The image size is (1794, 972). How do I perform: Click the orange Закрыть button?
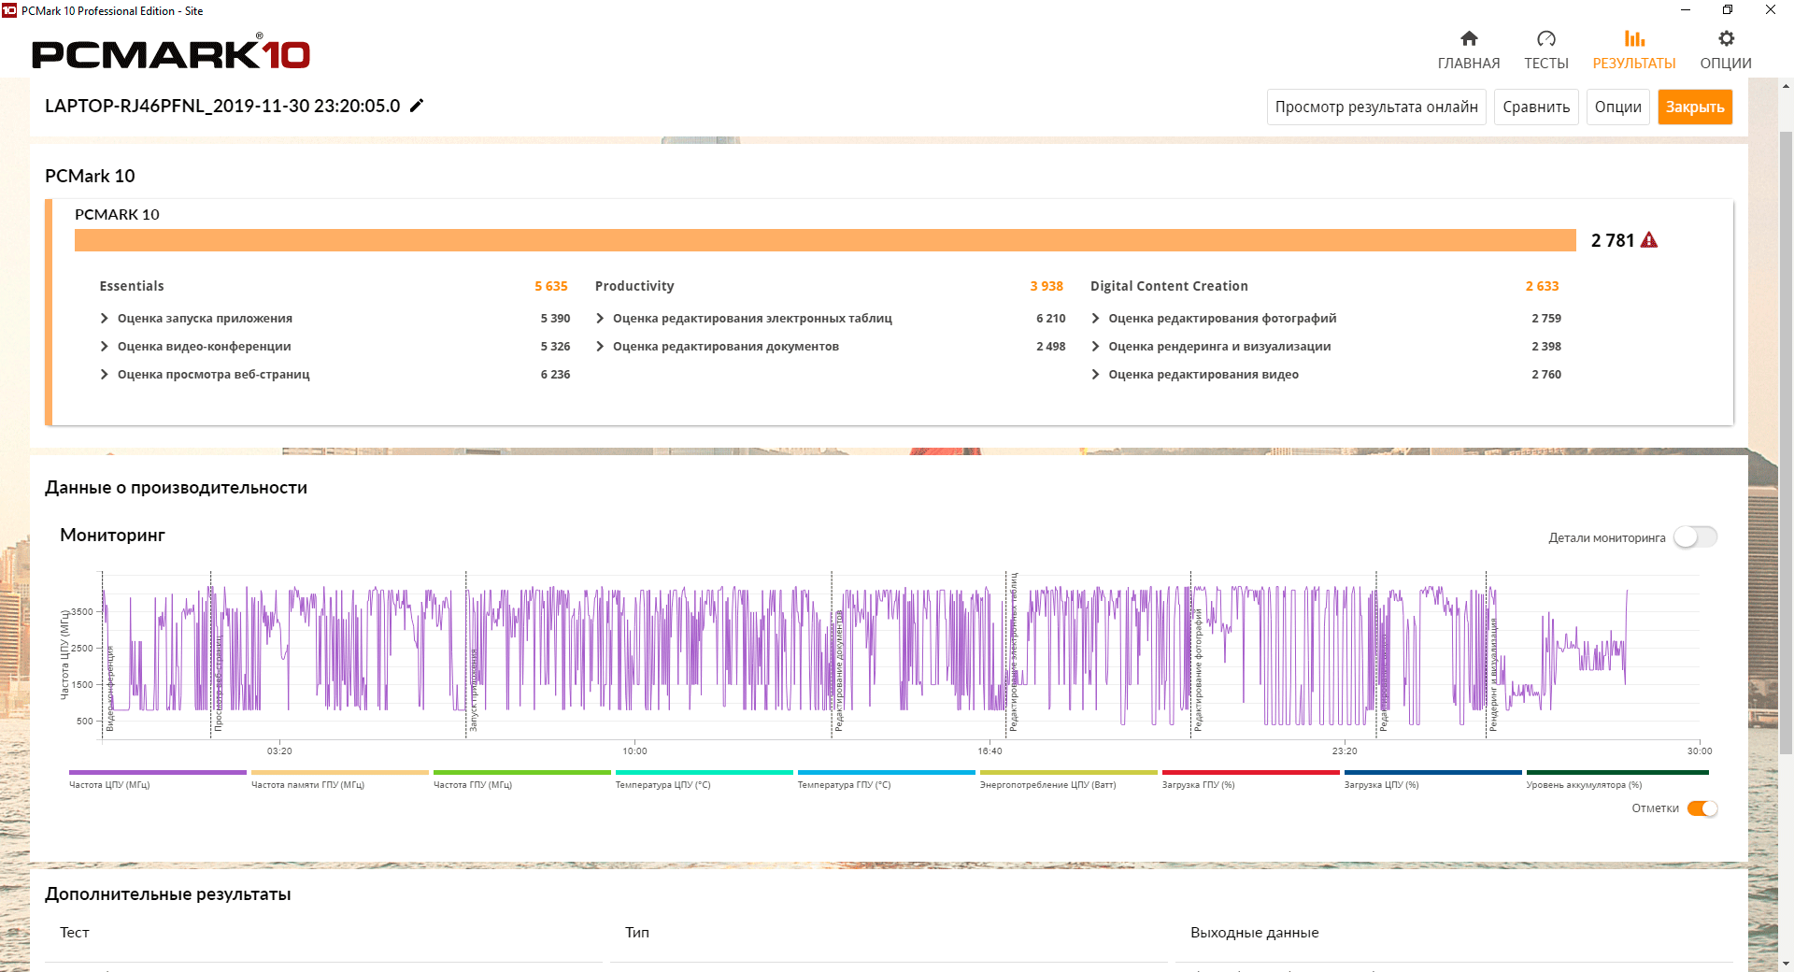[1695, 107]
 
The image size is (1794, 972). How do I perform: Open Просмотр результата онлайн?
[1376, 107]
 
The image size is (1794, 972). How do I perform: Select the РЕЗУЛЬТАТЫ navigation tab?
[1634, 50]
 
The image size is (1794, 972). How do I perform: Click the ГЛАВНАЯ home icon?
[1469, 39]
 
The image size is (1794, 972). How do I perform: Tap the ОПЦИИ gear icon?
[1726, 39]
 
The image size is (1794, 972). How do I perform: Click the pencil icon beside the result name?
[417, 106]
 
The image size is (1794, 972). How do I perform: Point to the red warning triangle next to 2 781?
[1649, 240]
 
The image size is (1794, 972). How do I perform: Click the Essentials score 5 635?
[550, 286]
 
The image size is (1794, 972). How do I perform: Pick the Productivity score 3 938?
[1046, 286]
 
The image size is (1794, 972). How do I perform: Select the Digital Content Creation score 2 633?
[1542, 286]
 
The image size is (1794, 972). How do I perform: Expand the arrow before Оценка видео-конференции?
[105, 347]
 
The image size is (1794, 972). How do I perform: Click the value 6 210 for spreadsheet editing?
[1050, 319]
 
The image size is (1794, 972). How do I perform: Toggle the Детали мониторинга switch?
[1695, 537]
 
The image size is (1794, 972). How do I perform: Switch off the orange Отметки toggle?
[1702, 808]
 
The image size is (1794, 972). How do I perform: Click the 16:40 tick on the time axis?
[990, 751]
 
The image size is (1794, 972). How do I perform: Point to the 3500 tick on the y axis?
[82, 612]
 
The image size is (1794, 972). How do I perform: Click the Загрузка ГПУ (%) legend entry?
[1198, 785]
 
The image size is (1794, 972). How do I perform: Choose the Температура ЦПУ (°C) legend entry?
[662, 785]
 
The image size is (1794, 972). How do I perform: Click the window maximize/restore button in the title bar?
[1728, 10]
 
